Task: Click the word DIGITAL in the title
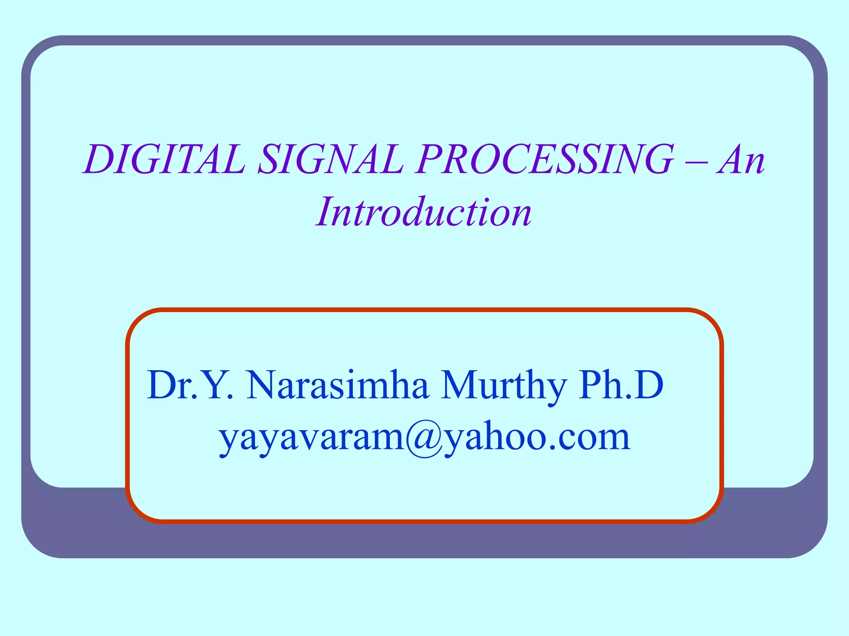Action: coord(164,159)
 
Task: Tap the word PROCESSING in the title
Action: coord(546,159)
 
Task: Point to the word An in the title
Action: coord(742,160)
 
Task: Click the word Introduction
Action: coord(424,212)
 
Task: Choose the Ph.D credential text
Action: coord(621,385)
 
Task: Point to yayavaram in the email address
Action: coord(311,439)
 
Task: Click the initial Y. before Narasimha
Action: coord(218,385)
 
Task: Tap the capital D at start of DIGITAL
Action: coord(99,159)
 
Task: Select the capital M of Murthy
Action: coord(461,385)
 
